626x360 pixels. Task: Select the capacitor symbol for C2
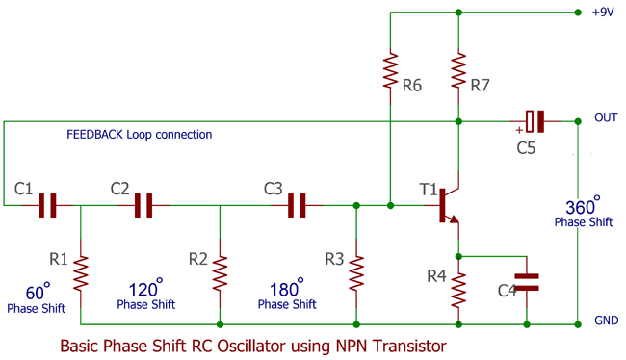[143, 204]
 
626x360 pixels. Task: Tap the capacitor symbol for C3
[298, 204]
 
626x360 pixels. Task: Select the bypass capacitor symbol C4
[527, 281]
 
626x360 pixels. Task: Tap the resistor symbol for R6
[390, 70]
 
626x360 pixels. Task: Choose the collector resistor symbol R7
[458, 70]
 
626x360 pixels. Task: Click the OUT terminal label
[606, 117]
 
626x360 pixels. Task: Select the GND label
[606, 321]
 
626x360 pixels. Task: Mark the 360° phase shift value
[582, 206]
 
